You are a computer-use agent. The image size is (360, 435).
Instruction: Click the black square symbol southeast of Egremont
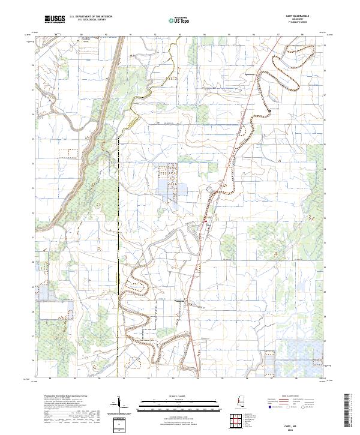point(269,111)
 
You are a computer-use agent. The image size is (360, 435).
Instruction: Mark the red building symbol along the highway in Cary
point(206,221)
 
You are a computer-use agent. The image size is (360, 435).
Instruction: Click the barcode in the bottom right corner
point(348,410)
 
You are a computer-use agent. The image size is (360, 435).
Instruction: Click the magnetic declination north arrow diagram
point(121,403)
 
